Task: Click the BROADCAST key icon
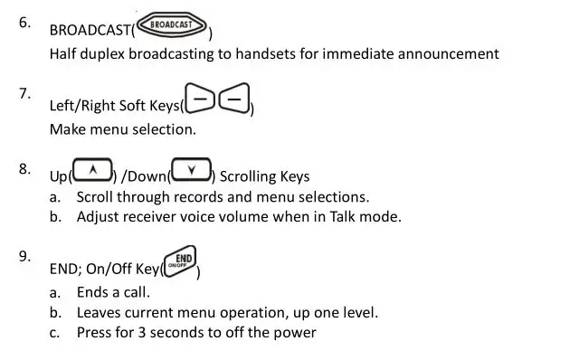(x=172, y=24)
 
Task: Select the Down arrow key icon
(x=191, y=168)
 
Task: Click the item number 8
(x=25, y=167)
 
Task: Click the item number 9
(x=25, y=256)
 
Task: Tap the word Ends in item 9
(x=95, y=292)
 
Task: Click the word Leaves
(x=101, y=313)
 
